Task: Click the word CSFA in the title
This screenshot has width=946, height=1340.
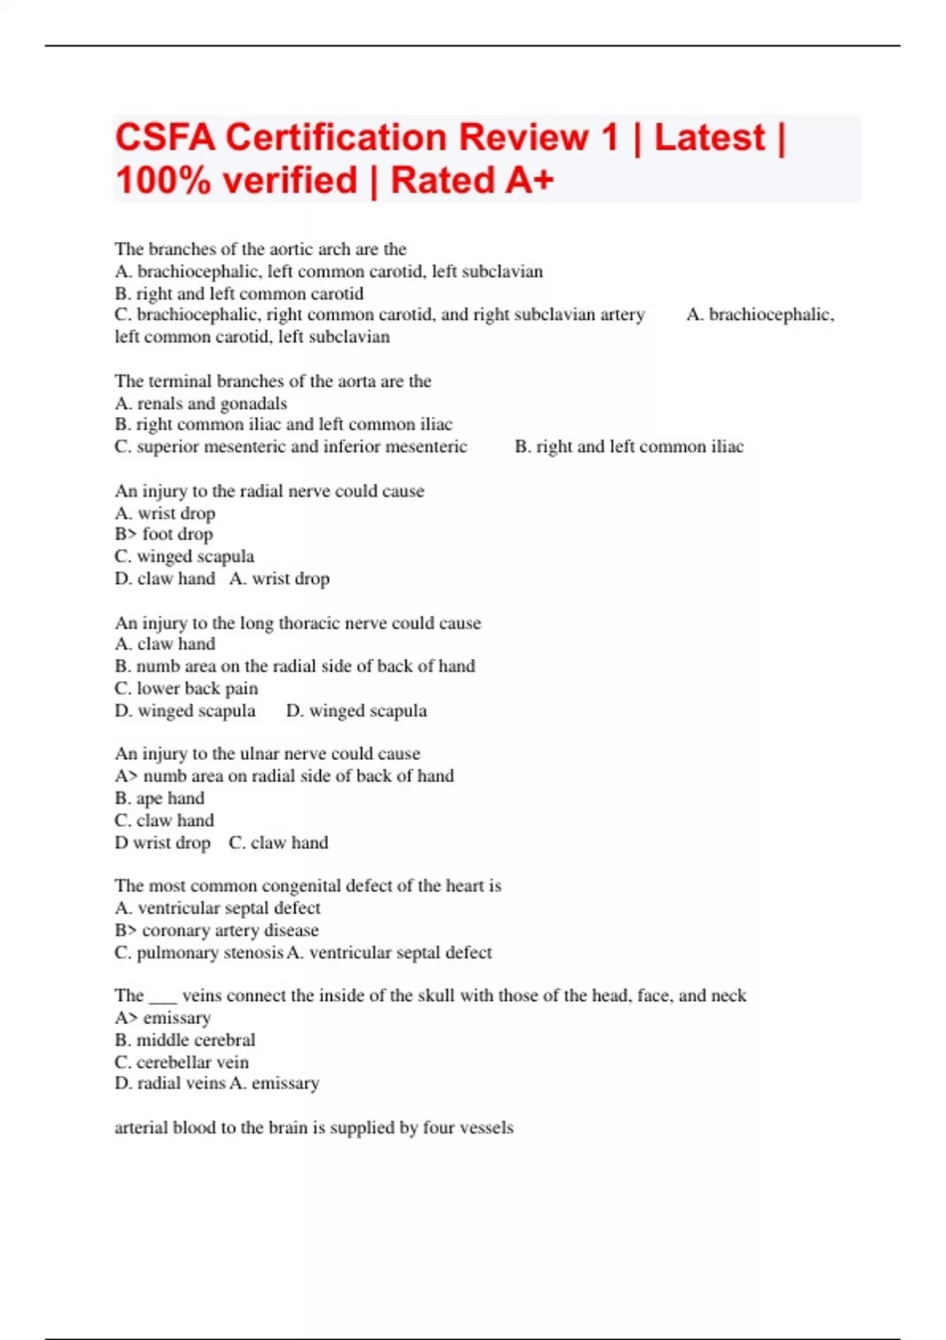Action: (x=165, y=138)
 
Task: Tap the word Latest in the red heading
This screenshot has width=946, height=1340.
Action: (x=709, y=138)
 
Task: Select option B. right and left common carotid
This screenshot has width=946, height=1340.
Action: (x=239, y=293)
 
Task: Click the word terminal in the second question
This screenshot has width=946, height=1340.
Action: (x=181, y=382)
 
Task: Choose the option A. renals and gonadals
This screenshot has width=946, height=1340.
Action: (x=201, y=404)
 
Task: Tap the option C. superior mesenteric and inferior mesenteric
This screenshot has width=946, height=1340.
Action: (x=291, y=447)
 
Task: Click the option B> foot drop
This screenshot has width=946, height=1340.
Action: (x=164, y=534)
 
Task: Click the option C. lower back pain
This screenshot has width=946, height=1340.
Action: (x=186, y=688)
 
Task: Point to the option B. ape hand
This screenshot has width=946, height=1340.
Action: (x=159, y=798)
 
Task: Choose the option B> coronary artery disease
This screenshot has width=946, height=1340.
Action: (x=217, y=930)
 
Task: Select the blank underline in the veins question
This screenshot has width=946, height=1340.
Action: (x=163, y=997)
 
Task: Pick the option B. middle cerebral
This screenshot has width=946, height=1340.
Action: (x=185, y=1040)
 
